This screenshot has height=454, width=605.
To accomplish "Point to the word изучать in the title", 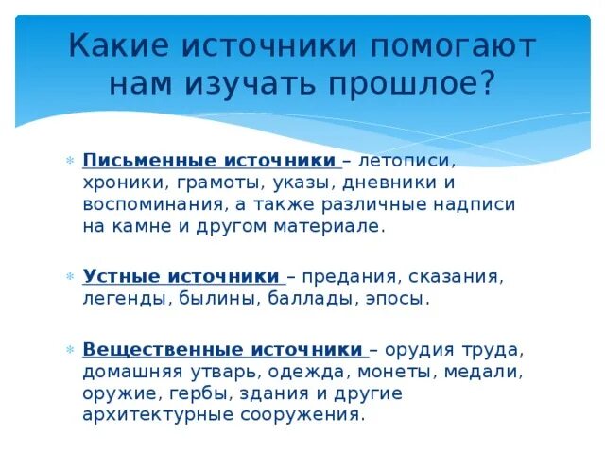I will point(249,84).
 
